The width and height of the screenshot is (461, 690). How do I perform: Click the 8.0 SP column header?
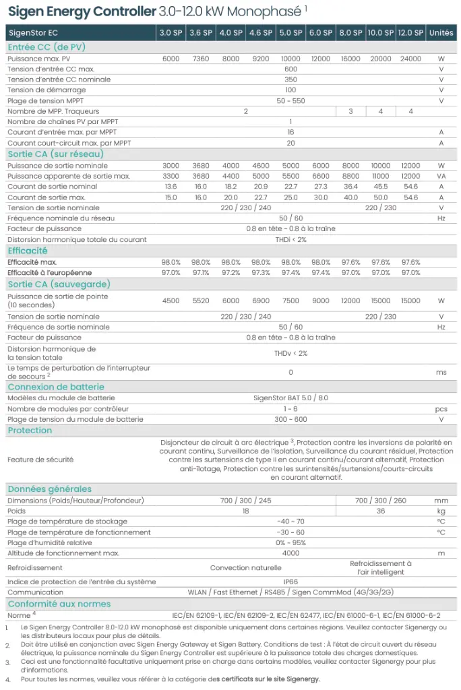tap(350, 32)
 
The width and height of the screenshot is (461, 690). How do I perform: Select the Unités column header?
tap(441, 32)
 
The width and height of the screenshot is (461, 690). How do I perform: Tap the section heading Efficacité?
tap(28, 251)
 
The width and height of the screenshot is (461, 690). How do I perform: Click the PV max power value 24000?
tap(410, 59)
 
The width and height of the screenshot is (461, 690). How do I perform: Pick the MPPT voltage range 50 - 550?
tap(290, 100)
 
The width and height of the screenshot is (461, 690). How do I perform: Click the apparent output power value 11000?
tap(381, 177)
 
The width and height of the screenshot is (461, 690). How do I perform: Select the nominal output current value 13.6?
tap(171, 187)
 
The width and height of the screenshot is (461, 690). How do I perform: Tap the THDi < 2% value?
tap(290, 240)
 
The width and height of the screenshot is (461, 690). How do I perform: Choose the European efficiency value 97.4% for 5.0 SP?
tap(290, 272)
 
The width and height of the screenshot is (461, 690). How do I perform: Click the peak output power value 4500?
tap(171, 301)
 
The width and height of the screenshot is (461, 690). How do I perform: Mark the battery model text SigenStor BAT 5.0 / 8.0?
tap(290, 398)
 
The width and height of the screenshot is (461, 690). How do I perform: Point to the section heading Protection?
tap(30, 431)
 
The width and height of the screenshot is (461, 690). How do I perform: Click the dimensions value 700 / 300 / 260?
tap(381, 501)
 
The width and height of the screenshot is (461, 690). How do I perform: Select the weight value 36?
tap(381, 511)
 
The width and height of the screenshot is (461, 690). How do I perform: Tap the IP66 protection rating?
tap(290, 582)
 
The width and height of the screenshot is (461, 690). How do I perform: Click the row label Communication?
tap(36, 592)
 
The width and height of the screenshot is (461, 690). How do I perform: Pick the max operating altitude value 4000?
tap(290, 553)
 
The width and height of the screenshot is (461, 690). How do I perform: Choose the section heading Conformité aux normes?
tap(59, 604)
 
